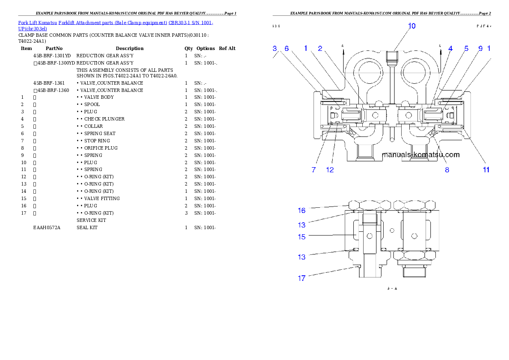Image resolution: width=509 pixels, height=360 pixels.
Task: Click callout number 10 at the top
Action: (411, 26)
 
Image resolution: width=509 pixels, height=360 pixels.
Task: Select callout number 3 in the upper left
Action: (275, 49)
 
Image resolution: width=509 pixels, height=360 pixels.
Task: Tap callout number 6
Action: (287, 49)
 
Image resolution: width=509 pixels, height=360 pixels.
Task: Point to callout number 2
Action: (320, 49)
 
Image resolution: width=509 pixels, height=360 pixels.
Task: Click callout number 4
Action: (450, 49)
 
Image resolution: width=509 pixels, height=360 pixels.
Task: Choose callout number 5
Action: (467, 49)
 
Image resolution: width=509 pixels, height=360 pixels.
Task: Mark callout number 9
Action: (480, 49)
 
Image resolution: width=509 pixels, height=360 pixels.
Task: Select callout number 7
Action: (314, 170)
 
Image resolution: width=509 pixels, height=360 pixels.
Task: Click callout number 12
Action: (330, 170)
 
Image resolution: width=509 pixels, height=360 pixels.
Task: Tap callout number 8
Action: (447, 170)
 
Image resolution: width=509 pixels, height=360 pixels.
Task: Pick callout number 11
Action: (486, 170)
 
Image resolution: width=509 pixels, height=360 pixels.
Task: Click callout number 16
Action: (302, 210)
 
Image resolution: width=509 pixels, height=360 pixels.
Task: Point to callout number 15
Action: (302, 236)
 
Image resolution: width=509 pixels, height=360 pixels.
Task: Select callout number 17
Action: (302, 278)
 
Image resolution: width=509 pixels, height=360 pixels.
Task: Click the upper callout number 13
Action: (302, 225)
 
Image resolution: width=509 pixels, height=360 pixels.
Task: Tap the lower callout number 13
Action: (302, 257)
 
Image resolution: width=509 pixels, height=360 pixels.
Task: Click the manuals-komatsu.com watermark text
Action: (420, 155)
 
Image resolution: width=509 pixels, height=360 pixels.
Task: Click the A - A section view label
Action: (392, 289)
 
